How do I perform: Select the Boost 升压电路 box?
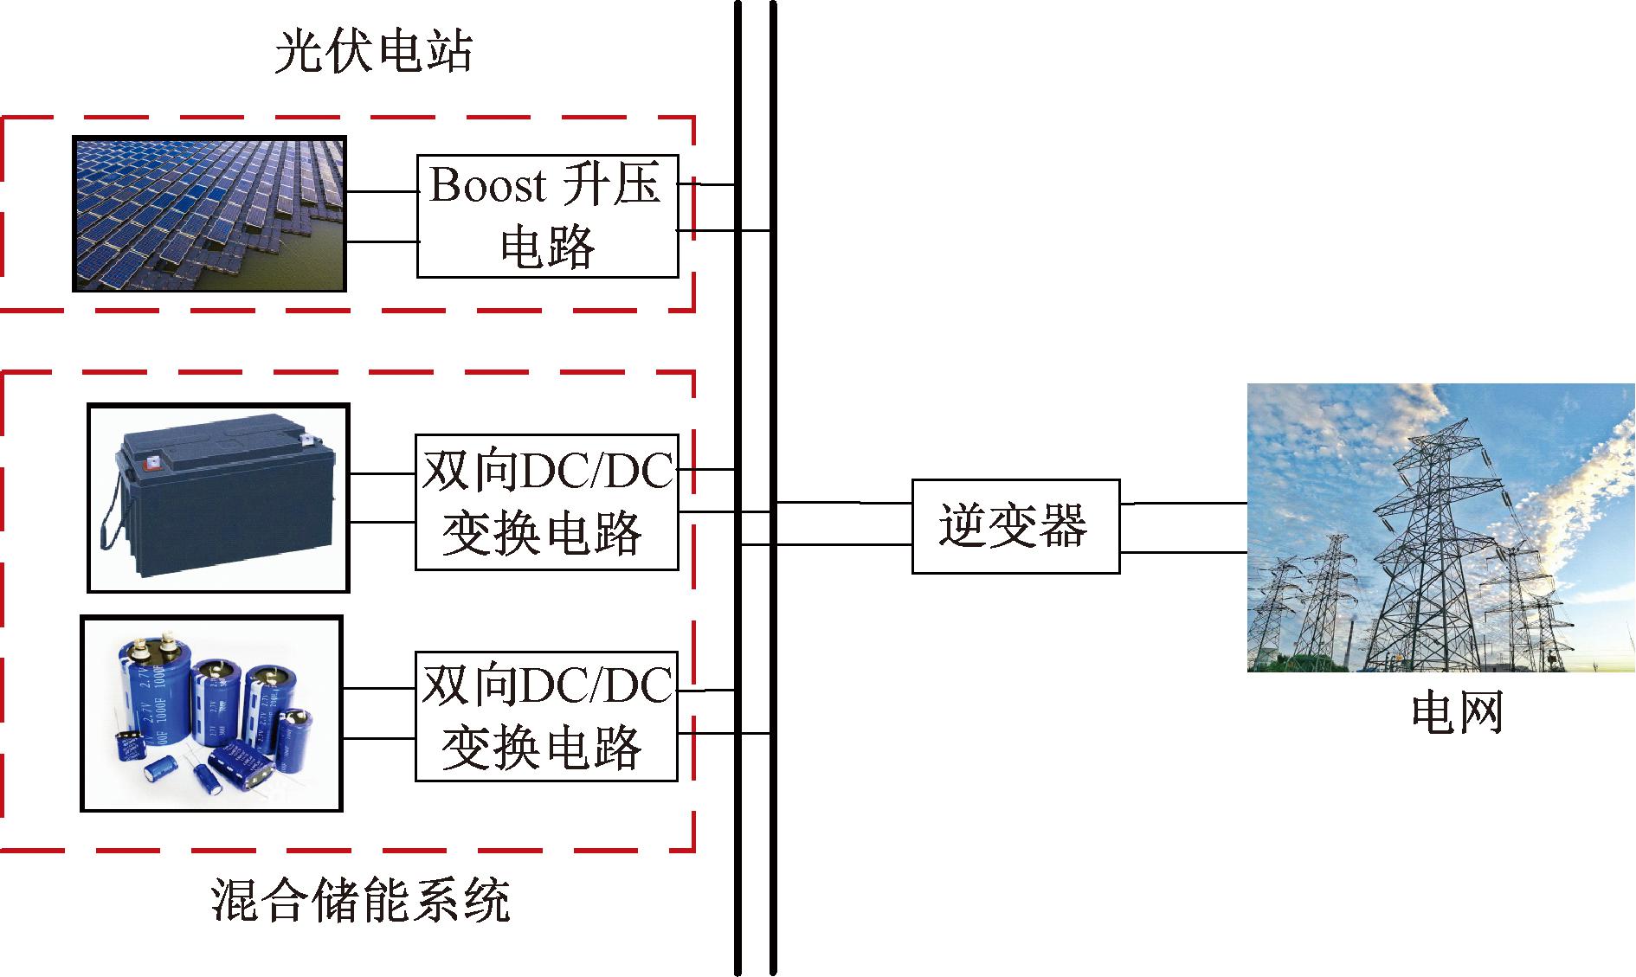point(547,216)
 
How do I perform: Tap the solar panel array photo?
point(209,213)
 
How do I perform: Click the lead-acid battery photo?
point(219,498)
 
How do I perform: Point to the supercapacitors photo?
point(211,714)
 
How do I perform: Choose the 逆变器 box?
point(1015,526)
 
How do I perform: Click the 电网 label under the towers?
point(1456,713)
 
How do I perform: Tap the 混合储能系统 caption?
point(360,901)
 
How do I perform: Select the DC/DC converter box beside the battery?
point(546,502)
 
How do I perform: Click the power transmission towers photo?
point(1440,527)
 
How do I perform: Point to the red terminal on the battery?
point(152,463)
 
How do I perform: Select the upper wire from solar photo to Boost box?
point(381,191)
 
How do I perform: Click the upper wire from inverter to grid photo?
point(1182,503)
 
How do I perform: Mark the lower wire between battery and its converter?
point(382,522)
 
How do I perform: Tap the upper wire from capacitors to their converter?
point(379,689)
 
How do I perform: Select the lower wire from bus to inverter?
point(827,545)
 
